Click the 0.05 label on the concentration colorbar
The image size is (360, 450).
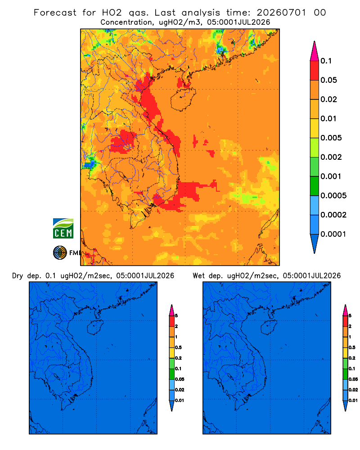pos(328,80)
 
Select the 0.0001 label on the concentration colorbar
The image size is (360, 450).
pos(333,234)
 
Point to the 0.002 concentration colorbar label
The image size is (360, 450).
pos(331,157)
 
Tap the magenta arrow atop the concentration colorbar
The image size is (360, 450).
pos(315,51)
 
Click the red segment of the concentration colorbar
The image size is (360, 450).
pos(315,70)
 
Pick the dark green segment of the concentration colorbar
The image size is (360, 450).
pos(315,186)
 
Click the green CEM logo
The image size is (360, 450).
pos(63,229)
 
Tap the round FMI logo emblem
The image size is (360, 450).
pos(60,253)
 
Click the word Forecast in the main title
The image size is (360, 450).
pos(55,13)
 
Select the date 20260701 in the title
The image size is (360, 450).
pos(281,13)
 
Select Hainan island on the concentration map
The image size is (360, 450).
pos(183,99)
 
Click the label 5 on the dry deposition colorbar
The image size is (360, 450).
pos(176,316)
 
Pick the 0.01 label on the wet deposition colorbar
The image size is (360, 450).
pos(353,400)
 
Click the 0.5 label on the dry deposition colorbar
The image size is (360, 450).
pos(178,347)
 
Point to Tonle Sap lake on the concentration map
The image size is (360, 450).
pos(121,175)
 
